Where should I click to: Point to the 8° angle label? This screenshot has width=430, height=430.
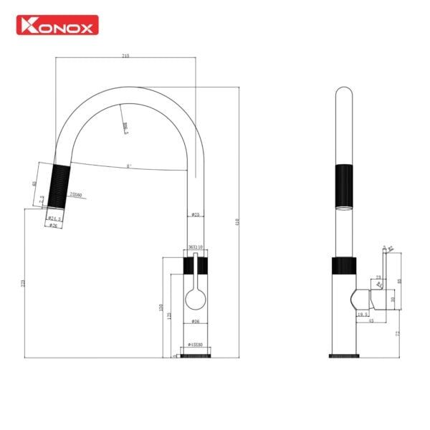point(128,166)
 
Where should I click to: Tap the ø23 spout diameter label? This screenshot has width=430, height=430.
point(195,215)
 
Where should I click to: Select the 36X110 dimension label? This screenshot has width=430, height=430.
point(195,247)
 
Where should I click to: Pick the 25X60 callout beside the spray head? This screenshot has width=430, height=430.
point(75,194)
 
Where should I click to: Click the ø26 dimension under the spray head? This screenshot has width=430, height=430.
point(52,225)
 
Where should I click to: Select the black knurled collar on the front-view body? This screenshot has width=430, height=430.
point(195,266)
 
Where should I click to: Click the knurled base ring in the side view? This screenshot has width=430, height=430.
point(344,354)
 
